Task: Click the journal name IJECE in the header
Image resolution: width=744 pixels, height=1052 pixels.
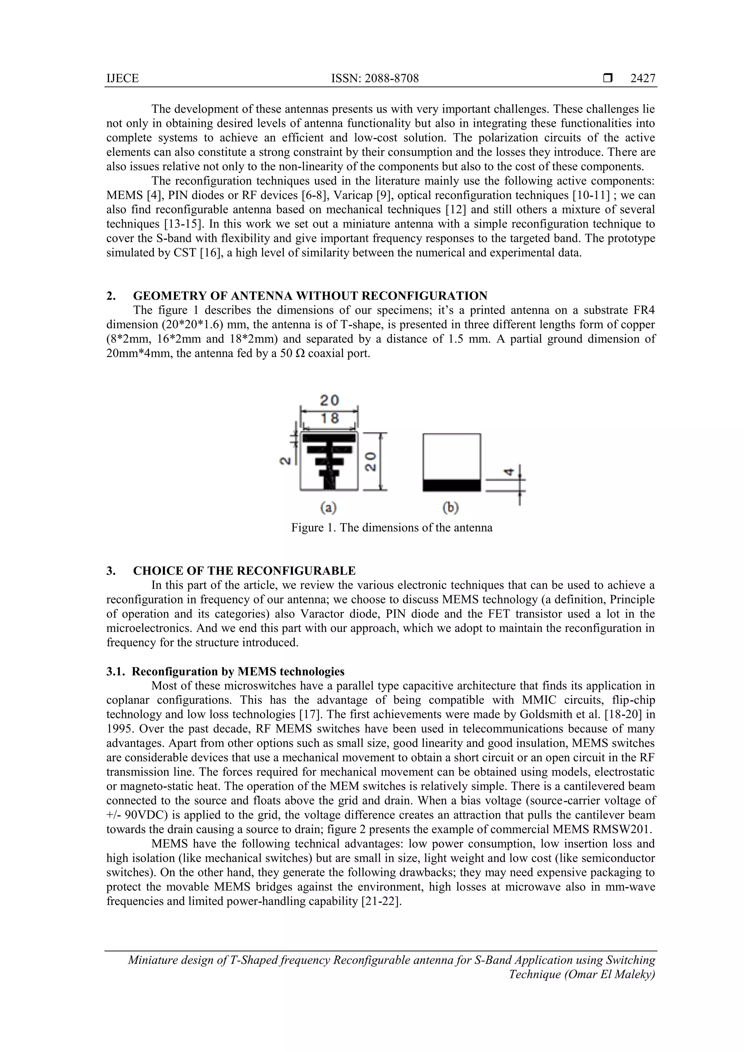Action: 122,78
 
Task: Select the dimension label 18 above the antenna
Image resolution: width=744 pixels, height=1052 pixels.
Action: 329,418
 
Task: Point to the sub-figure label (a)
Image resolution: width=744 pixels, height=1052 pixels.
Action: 328,507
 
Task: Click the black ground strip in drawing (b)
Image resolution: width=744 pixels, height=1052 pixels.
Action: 452,485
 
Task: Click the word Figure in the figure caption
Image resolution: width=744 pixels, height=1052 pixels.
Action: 307,528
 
